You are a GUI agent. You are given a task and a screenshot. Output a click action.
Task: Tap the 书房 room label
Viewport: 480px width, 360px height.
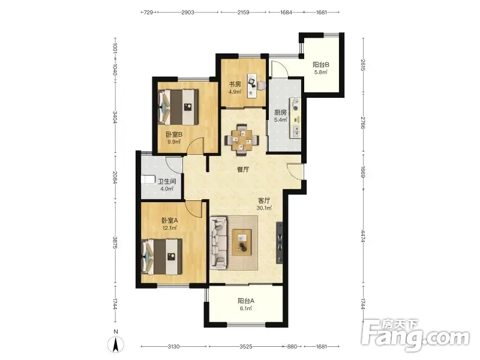click(235, 84)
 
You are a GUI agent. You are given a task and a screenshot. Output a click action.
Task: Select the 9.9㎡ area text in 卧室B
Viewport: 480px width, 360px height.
click(174, 142)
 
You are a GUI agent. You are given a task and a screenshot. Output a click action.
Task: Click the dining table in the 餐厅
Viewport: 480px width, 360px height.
click(242, 140)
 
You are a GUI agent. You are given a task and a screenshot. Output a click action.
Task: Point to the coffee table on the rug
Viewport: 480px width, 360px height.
click(242, 242)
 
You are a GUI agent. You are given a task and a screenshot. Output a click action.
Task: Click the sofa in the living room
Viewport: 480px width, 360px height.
click(218, 243)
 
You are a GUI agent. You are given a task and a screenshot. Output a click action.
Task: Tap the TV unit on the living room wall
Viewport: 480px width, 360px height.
click(280, 242)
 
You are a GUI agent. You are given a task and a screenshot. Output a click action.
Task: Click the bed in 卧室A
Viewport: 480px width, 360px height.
click(161, 257)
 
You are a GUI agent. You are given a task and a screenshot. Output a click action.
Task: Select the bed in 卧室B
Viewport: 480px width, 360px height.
click(178, 107)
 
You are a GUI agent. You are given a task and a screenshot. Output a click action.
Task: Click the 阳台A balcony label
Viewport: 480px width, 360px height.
click(246, 301)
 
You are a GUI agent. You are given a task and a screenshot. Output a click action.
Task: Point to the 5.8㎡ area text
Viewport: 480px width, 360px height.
click(321, 73)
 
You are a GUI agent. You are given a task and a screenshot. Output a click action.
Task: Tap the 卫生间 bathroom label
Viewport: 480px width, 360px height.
click(167, 182)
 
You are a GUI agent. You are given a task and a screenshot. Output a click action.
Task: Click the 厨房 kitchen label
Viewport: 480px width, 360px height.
click(280, 112)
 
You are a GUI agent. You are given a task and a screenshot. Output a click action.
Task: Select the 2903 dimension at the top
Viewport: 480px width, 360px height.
click(188, 13)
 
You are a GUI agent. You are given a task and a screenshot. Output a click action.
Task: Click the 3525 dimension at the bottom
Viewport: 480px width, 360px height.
click(246, 347)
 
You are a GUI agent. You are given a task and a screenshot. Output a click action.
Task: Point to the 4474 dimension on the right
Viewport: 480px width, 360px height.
click(362, 236)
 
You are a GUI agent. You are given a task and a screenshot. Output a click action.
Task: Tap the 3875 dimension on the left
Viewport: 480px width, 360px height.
click(115, 242)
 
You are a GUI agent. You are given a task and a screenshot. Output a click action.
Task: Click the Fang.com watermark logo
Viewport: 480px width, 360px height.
click(415, 336)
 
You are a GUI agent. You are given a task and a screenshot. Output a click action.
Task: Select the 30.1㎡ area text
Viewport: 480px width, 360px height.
click(264, 208)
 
